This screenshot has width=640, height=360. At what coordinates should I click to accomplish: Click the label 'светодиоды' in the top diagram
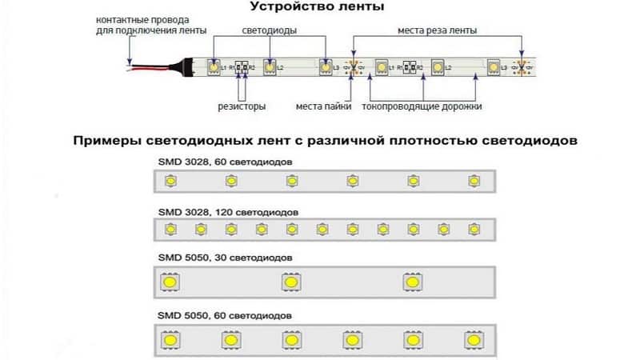tap(269, 30)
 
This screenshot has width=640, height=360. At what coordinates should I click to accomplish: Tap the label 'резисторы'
tap(242, 106)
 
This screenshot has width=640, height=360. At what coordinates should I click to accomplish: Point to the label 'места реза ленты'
tap(438, 30)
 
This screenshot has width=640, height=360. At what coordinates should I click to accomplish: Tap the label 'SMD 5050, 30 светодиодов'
tap(226, 258)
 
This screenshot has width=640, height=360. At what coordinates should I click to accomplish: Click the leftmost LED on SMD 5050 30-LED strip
tap(170, 282)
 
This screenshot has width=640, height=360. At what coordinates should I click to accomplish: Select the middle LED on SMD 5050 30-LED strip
tap(290, 282)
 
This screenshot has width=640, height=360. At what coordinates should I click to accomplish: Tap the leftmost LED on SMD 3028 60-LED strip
tap(170, 182)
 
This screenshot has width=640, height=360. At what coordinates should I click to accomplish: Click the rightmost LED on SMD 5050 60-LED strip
tap(473, 339)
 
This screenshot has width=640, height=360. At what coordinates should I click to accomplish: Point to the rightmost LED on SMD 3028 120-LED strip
tap(473, 230)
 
